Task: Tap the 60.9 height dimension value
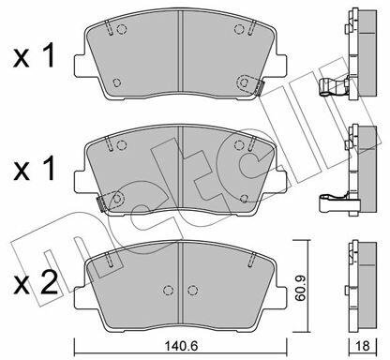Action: pyautogui.click(x=300, y=288)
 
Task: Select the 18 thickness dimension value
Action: pyautogui.click(x=363, y=345)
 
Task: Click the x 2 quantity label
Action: pyautogui.click(x=35, y=283)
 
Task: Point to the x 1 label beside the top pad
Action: pyautogui.click(x=35, y=55)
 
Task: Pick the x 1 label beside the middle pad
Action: pyautogui.click(x=35, y=169)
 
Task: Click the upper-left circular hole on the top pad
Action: pyautogui.click(x=122, y=29)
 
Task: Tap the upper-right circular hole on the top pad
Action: pyautogui.click(x=239, y=29)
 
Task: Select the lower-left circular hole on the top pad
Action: pyautogui.click(x=116, y=82)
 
